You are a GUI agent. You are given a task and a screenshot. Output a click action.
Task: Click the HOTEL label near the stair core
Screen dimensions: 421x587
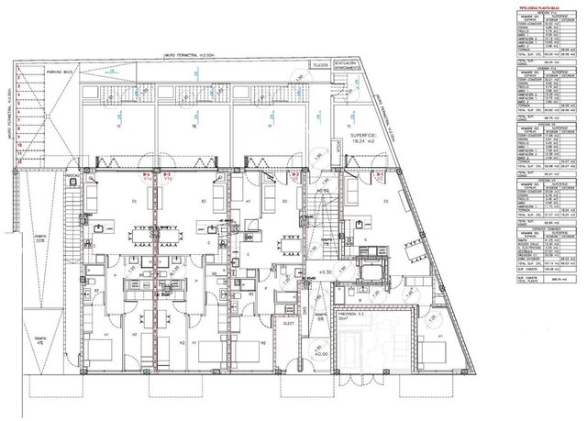pyautogui.click(x=323, y=190)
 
